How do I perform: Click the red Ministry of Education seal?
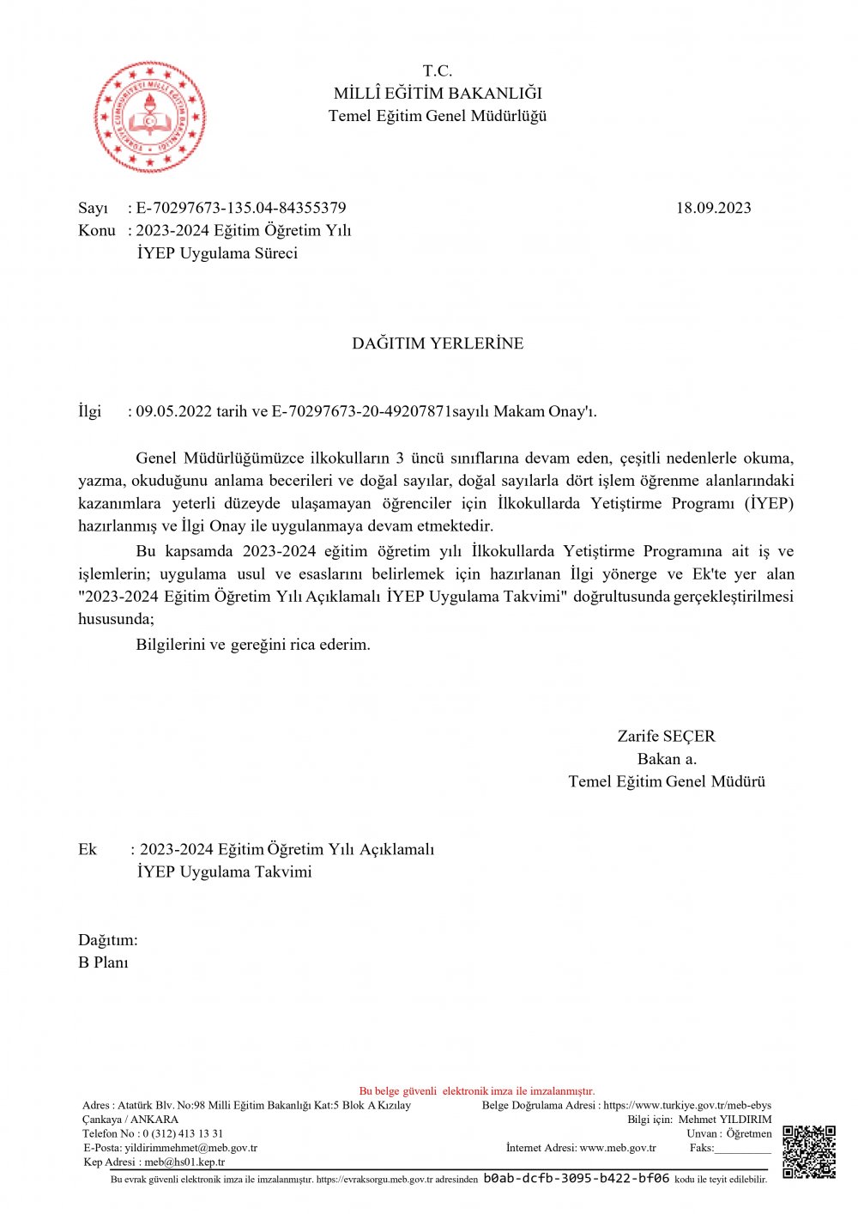click(x=149, y=117)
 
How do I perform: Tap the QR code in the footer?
click(x=808, y=1152)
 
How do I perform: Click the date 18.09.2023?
click(x=713, y=208)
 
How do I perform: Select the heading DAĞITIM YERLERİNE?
click(x=438, y=343)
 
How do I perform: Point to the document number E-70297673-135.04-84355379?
click(x=241, y=208)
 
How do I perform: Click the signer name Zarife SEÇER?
click(x=666, y=737)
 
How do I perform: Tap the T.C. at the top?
click(x=438, y=71)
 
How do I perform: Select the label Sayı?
click(x=93, y=208)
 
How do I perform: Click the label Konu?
click(x=96, y=230)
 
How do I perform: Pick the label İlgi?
click(x=89, y=411)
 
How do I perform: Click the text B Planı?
click(x=103, y=962)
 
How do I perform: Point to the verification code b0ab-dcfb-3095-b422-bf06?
click(x=576, y=1179)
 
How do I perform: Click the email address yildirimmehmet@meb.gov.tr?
click(x=190, y=1148)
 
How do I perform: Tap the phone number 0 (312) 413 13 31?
click(x=183, y=1133)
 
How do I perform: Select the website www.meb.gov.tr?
click(x=618, y=1148)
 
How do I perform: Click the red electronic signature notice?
click(x=476, y=1091)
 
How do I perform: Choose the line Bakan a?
click(x=667, y=759)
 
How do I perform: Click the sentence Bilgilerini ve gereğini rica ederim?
click(x=253, y=645)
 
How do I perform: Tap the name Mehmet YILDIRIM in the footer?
click(x=725, y=1120)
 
